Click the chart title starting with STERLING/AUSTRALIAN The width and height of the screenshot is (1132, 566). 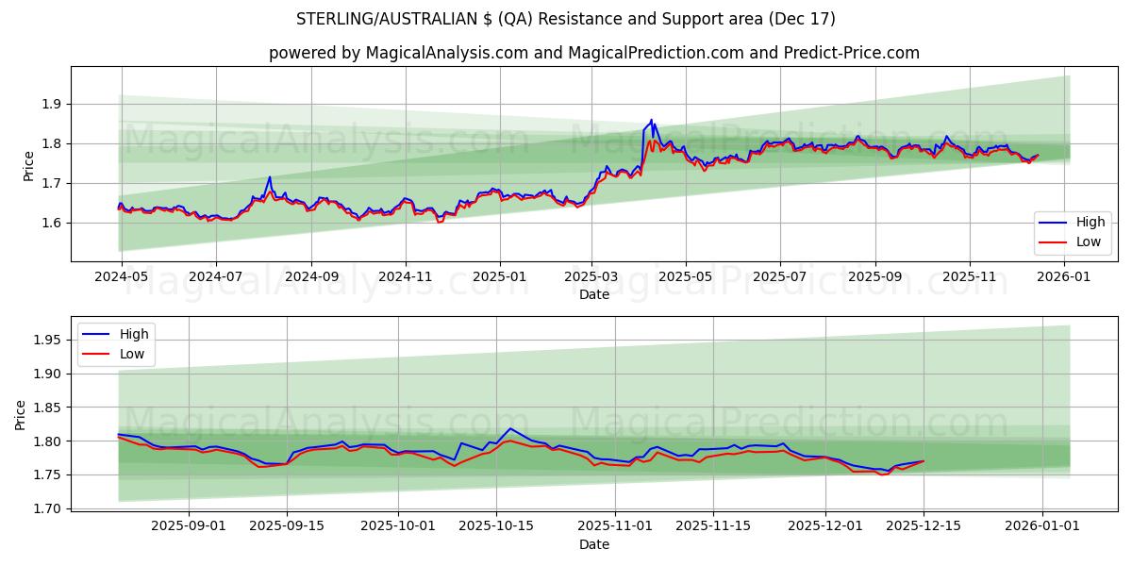click(566, 19)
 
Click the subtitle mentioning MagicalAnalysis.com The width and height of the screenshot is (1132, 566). click(594, 53)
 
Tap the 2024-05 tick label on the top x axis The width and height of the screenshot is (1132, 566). click(122, 277)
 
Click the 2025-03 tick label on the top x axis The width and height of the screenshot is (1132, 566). click(591, 277)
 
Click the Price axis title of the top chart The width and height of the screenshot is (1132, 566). click(28, 166)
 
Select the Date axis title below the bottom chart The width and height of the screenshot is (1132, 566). click(594, 544)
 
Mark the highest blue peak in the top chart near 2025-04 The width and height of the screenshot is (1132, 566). click(651, 120)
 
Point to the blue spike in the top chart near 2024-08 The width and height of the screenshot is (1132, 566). click(270, 177)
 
